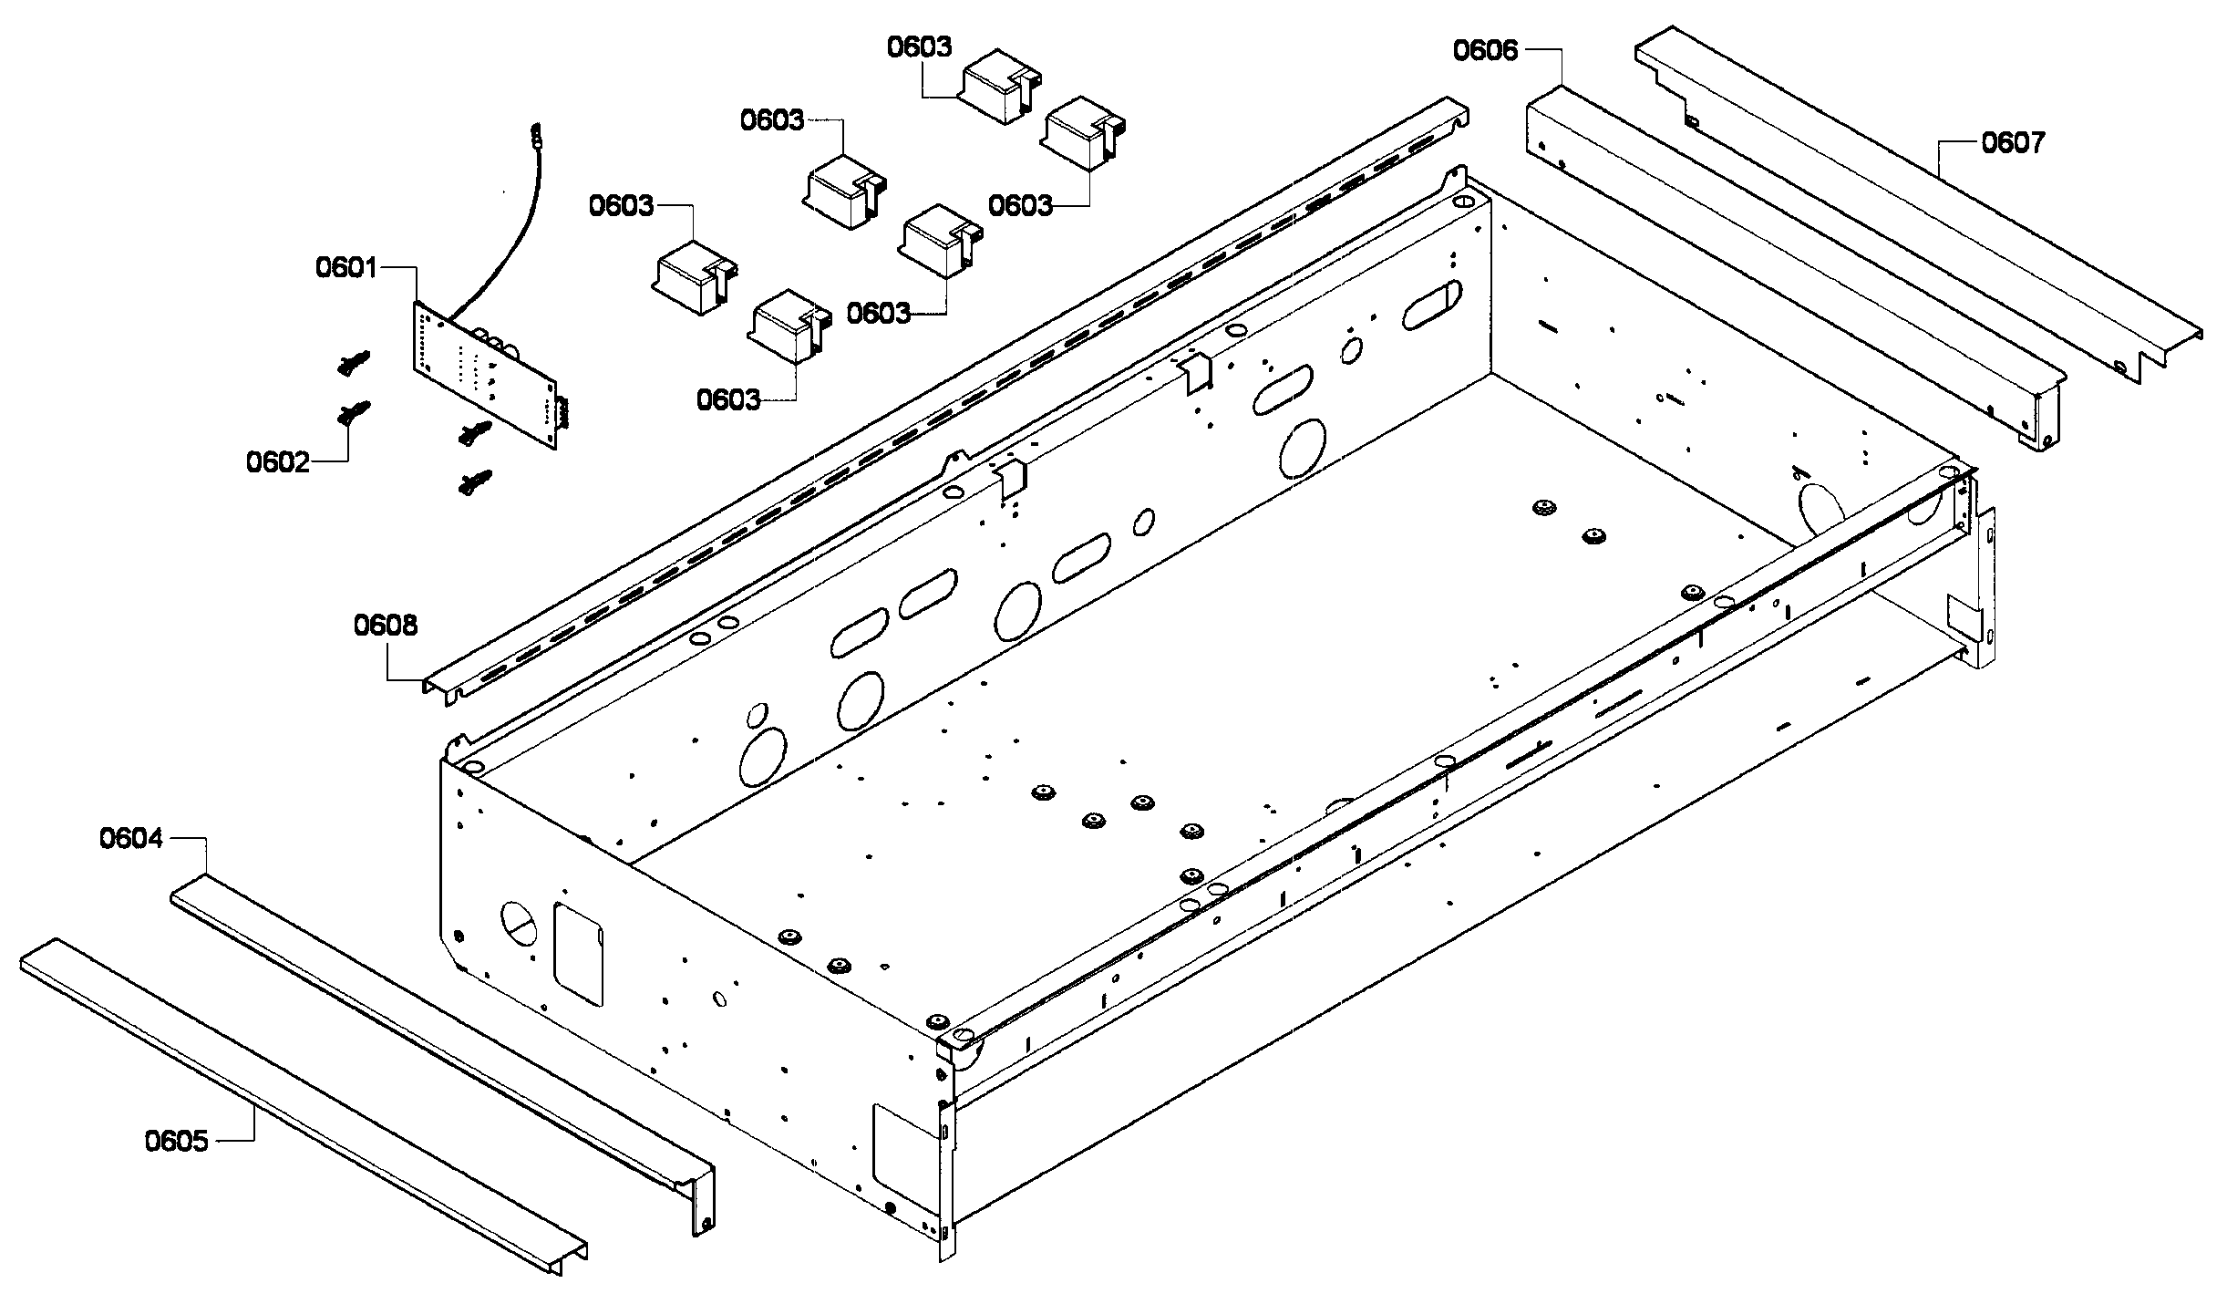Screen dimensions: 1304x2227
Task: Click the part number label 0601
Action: point(345,267)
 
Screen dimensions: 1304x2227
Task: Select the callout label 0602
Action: point(276,462)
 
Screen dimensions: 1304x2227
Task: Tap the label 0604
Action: point(130,838)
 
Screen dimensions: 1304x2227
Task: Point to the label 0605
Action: point(176,1141)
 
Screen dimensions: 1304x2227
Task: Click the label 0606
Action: point(1485,50)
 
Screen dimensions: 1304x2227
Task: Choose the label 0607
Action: point(2013,143)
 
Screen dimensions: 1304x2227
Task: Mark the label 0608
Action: point(386,626)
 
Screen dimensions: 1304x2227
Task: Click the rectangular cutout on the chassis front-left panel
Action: point(579,955)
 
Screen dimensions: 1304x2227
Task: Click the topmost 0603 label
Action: point(919,47)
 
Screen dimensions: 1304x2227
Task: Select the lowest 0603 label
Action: point(727,399)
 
